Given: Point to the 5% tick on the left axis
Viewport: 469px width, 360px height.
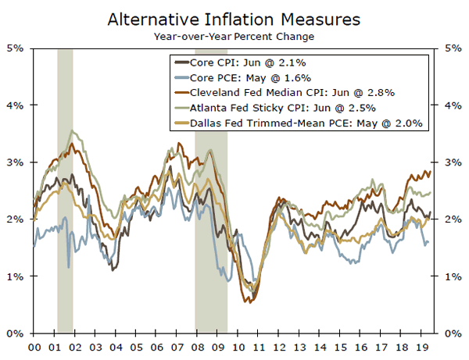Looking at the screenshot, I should point(16,48).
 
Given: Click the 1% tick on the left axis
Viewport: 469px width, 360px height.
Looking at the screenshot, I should point(16,276).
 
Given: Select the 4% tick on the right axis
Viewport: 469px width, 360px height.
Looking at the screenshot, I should point(453,105).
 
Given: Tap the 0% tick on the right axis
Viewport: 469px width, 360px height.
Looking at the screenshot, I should point(453,333).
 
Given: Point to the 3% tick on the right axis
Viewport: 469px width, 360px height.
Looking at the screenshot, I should point(453,162).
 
